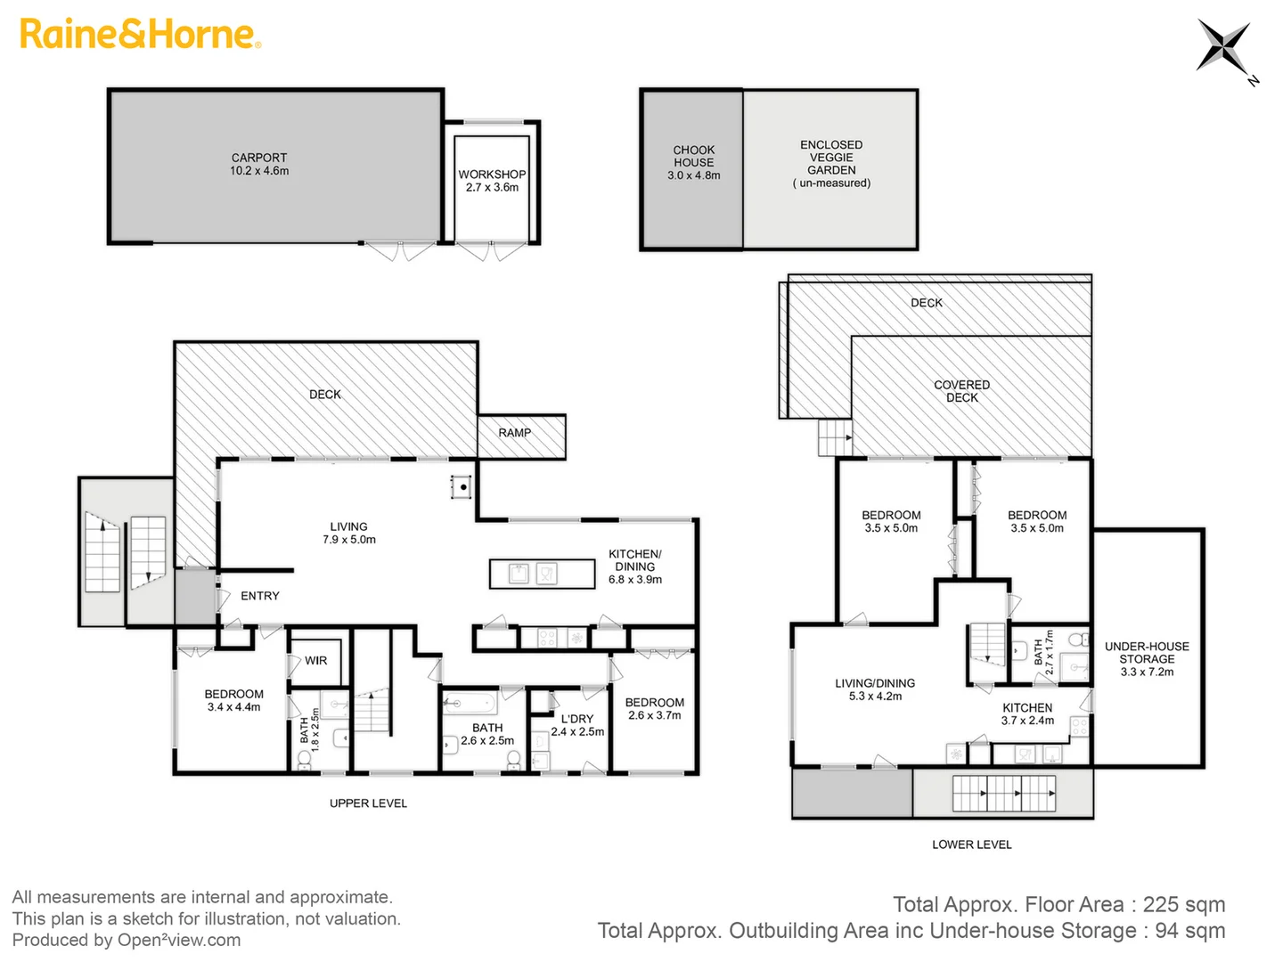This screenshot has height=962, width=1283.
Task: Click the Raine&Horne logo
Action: (x=140, y=35)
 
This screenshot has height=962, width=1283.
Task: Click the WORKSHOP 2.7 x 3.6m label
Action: (x=492, y=181)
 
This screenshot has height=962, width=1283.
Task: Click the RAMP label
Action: (x=514, y=433)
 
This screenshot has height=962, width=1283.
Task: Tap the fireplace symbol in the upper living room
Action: (x=462, y=487)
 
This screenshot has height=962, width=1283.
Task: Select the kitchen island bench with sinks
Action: (x=542, y=574)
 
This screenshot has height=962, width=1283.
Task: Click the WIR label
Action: (x=315, y=661)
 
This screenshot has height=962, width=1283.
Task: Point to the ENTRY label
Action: (x=259, y=596)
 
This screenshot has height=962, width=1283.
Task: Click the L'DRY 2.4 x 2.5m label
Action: (x=577, y=725)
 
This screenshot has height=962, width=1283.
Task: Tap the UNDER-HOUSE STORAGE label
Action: (x=1147, y=659)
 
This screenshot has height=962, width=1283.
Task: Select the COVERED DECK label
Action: (x=961, y=391)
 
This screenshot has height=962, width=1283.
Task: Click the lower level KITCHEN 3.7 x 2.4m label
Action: (x=1027, y=713)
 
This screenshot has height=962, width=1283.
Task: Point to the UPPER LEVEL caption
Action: (x=368, y=803)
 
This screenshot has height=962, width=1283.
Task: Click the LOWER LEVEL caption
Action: (x=971, y=844)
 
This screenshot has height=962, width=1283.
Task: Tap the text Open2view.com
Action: (x=178, y=941)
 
